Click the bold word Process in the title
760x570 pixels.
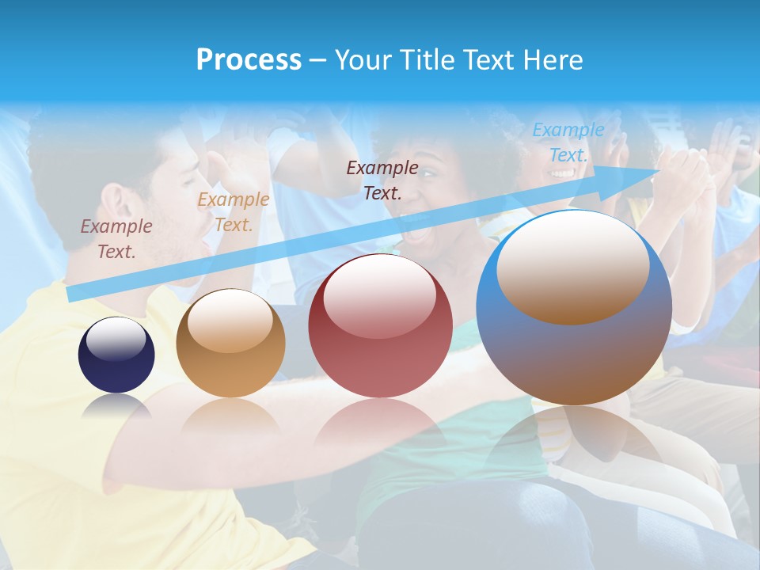click(249, 60)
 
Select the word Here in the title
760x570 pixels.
click(553, 60)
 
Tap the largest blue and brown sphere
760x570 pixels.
click(574, 356)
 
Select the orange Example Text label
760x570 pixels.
click(233, 212)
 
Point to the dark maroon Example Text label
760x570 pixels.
click(382, 180)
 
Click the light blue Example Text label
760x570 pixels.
click(568, 142)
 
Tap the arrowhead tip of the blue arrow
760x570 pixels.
click(659, 170)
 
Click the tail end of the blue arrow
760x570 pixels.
click(71, 294)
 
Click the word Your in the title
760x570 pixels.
click(363, 60)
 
